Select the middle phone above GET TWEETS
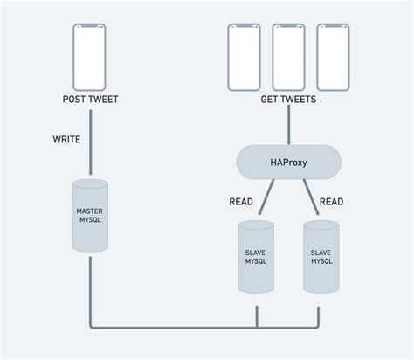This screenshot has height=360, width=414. (x=288, y=57)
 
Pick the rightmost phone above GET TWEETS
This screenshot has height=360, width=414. (x=333, y=57)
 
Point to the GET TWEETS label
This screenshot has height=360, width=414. (x=288, y=100)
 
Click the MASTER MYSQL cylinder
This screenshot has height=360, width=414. (x=91, y=216)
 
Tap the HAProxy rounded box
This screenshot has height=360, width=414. (x=287, y=162)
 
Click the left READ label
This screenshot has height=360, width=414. (x=241, y=201)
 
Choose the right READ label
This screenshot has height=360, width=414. (x=331, y=201)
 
